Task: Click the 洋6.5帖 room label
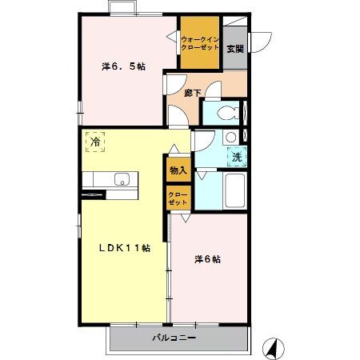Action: [x=123, y=66]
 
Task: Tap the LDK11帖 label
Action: [x=125, y=248]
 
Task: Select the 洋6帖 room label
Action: [x=207, y=259]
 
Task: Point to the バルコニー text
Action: [x=174, y=338]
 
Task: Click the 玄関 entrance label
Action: [x=235, y=49]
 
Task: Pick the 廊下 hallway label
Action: [x=193, y=93]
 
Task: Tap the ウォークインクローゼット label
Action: [x=200, y=44]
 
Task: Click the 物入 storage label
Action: [x=178, y=170]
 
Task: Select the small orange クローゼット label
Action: [x=178, y=198]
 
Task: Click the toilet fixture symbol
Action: [x=228, y=114]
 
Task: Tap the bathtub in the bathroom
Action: [x=235, y=190]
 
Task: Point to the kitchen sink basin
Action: [x=122, y=179]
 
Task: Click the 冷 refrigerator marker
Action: [x=95, y=142]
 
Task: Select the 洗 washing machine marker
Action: [x=237, y=157]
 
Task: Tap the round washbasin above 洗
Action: [x=230, y=138]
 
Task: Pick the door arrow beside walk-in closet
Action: [x=171, y=36]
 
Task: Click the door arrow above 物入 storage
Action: [x=174, y=149]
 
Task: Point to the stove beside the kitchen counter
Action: [x=92, y=195]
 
